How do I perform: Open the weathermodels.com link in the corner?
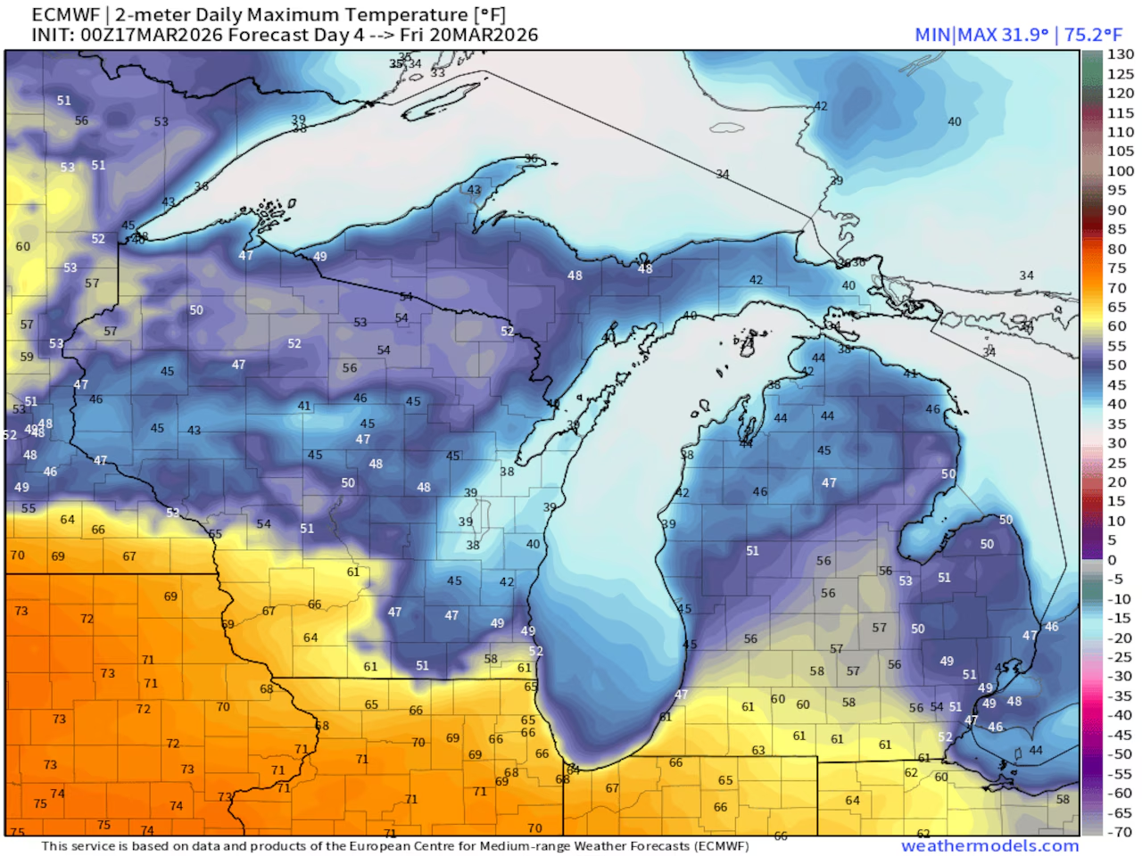[x=989, y=845]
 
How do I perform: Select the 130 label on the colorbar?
[x=1121, y=54]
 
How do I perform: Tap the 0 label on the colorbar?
[x=1112, y=560]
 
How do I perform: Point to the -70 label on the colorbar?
[x=1120, y=832]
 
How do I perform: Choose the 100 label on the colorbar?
[x=1121, y=171]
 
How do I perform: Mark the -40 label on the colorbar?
[x=1120, y=715]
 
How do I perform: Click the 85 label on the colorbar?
[x=1117, y=229]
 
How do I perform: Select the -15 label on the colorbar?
[x=1120, y=618]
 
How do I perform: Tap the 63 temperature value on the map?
[x=758, y=750]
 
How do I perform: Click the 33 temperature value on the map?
[x=437, y=72]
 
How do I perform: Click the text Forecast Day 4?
[x=299, y=35]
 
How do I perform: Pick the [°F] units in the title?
[x=490, y=15]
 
